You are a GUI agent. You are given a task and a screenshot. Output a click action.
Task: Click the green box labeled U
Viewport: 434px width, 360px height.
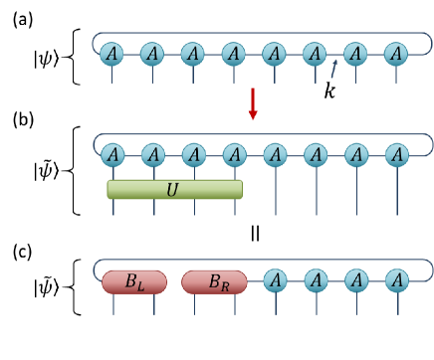pyautogui.click(x=175, y=188)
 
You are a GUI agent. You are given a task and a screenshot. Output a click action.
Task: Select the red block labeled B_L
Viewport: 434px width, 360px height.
pyautogui.click(x=132, y=281)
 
